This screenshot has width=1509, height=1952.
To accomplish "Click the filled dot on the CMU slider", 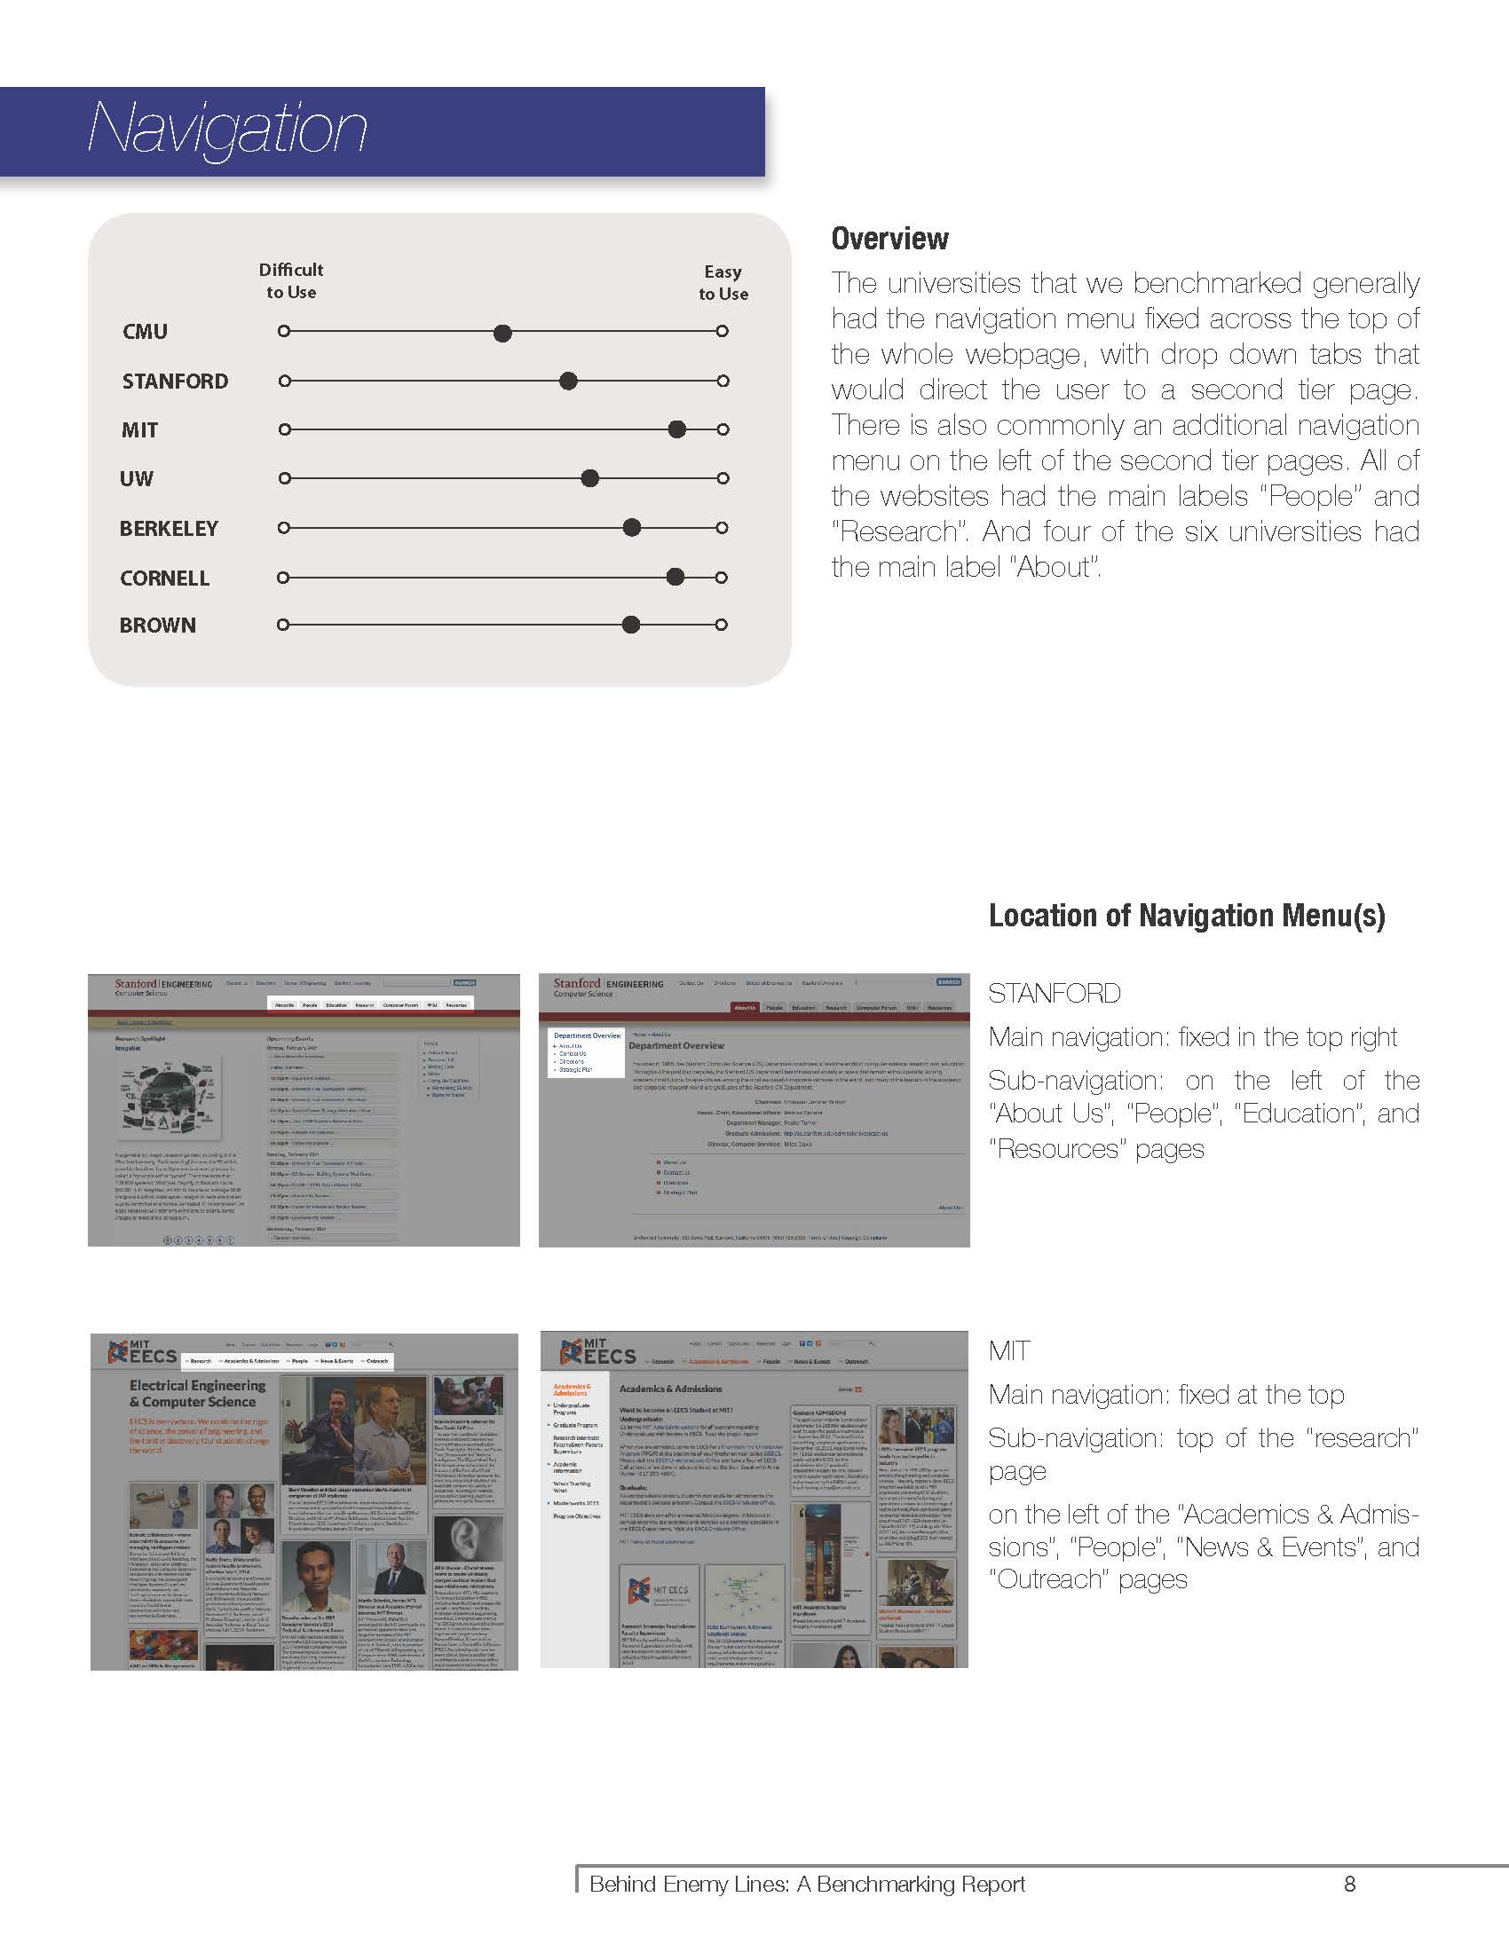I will (503, 334).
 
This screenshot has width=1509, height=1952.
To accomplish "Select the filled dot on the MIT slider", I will (677, 429).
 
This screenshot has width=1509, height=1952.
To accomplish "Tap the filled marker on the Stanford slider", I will (568, 381).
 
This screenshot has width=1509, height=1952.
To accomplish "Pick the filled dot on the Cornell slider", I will (675, 577).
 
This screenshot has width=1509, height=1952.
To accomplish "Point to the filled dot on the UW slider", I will (590, 478).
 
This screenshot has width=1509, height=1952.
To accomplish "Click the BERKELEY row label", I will (169, 528).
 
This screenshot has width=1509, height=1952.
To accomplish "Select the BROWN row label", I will (157, 625).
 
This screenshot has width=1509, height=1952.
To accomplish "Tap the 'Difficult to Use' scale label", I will (290, 280).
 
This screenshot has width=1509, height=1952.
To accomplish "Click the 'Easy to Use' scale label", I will (723, 282).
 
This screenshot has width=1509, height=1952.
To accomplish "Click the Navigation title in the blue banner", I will (227, 130).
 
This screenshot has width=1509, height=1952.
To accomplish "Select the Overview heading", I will (889, 239).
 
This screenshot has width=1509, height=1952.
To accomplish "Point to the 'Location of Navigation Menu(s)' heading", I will (1186, 916).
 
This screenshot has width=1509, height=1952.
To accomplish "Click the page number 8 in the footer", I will (1350, 1884).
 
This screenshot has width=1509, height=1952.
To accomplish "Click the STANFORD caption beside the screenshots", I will (1054, 993).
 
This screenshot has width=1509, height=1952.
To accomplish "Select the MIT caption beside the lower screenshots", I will (1009, 1350).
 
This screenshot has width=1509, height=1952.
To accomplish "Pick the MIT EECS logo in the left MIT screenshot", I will (142, 1351).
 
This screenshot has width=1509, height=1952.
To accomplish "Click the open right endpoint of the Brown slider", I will (722, 625).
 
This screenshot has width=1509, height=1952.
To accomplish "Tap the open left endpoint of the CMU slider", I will (284, 332).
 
